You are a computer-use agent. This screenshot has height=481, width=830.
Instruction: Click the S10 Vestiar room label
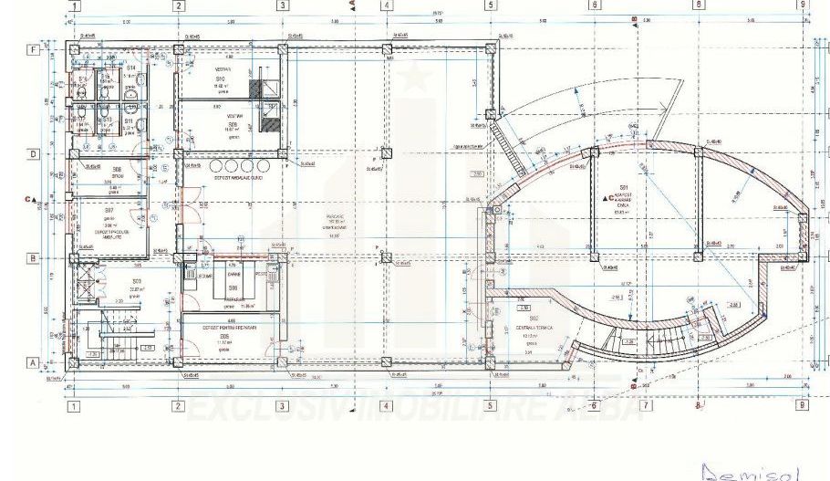click(x=220, y=80)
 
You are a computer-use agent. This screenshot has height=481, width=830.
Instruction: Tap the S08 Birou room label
click(x=117, y=171)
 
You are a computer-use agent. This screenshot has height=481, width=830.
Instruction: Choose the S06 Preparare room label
click(x=233, y=288)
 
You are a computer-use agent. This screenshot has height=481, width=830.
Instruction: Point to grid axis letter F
click(x=32, y=49)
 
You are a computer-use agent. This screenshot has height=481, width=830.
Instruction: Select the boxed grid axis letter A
click(x=32, y=362)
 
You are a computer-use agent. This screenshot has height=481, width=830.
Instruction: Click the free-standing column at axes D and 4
click(x=386, y=153)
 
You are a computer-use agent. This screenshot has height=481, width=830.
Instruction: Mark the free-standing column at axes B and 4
click(x=386, y=258)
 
